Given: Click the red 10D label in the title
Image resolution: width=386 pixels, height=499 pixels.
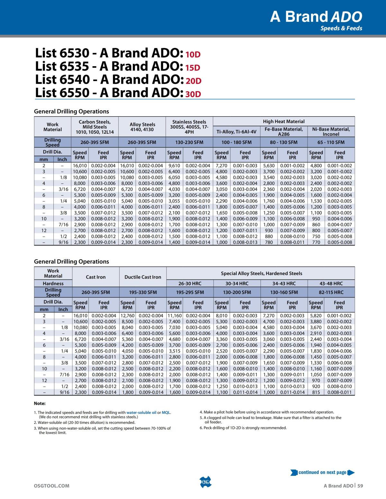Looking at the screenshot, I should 193,54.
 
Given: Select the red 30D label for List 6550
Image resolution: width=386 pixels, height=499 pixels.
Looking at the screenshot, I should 193,94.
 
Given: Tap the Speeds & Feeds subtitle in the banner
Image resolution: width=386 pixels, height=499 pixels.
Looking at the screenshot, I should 341,28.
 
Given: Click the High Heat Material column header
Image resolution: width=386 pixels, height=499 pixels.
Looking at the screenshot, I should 284,121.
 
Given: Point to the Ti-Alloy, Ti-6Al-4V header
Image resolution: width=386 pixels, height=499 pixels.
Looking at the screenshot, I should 236,132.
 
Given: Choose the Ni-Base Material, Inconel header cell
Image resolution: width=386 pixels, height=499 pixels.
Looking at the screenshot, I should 331,131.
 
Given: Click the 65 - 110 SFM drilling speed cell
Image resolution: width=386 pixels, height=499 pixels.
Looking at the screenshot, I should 331,142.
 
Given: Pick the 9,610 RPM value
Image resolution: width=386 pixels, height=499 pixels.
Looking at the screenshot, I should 174,165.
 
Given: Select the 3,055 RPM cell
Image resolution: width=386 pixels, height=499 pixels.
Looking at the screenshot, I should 174,201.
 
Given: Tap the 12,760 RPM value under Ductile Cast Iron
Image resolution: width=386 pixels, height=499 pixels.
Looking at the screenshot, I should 127,316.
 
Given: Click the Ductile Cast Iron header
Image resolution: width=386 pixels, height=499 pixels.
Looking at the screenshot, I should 143,277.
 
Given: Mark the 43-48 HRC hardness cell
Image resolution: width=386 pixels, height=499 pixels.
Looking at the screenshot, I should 331,283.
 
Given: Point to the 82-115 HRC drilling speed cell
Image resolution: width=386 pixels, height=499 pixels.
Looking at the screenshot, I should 331,292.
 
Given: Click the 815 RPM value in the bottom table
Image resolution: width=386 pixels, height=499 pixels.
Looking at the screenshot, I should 316,392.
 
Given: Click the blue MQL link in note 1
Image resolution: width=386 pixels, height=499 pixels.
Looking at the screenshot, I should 166,413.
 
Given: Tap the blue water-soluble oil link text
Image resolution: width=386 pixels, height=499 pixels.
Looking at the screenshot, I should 141,413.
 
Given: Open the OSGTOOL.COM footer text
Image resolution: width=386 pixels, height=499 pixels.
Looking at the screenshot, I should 51,486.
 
